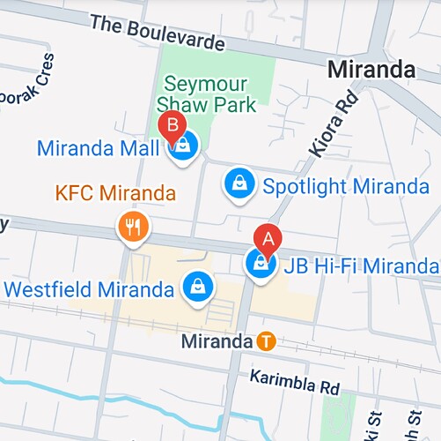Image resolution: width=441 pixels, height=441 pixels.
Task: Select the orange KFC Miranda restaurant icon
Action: (x=133, y=227)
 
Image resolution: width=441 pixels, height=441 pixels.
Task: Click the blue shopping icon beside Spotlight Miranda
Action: (x=238, y=183)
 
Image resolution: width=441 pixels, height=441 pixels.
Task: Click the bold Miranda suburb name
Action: (x=371, y=69)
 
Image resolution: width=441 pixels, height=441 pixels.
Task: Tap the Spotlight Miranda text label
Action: (x=345, y=186)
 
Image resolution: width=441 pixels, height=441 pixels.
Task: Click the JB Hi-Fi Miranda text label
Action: (x=359, y=265)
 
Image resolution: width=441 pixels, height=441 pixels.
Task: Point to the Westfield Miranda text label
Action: (x=89, y=289)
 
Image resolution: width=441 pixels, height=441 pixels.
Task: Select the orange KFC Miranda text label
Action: (x=114, y=192)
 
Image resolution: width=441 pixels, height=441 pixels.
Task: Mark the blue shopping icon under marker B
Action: (x=184, y=146)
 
